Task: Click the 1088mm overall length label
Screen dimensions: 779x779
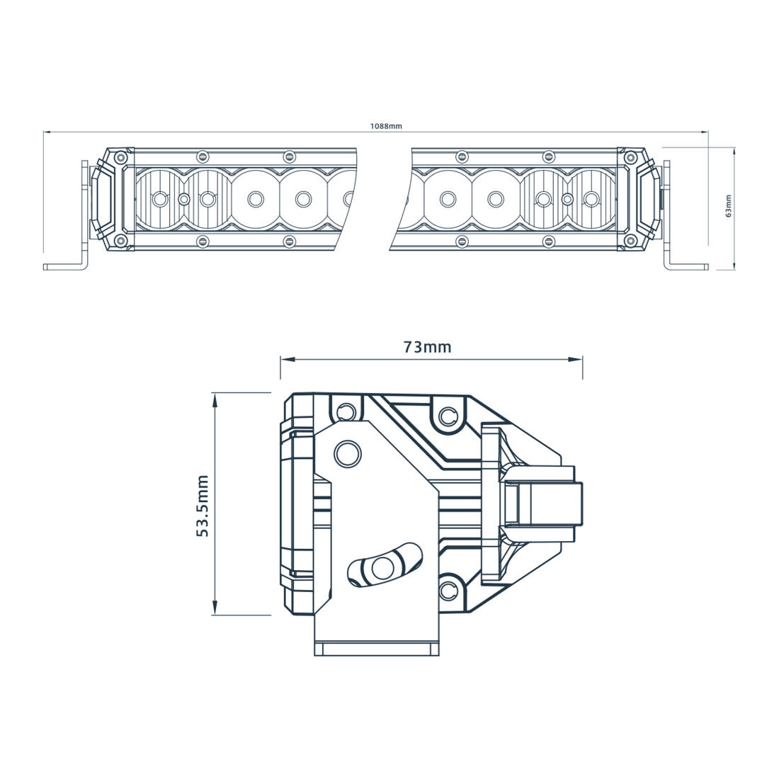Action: tap(386, 126)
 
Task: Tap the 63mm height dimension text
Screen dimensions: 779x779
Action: tap(729, 207)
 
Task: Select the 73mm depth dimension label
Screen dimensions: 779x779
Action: tap(427, 347)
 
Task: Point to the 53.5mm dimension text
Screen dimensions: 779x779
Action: tap(203, 506)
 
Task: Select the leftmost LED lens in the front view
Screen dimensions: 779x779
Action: tap(160, 199)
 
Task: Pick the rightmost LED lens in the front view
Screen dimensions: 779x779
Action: tap(589, 199)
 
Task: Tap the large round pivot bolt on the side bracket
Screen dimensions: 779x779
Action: tap(347, 453)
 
